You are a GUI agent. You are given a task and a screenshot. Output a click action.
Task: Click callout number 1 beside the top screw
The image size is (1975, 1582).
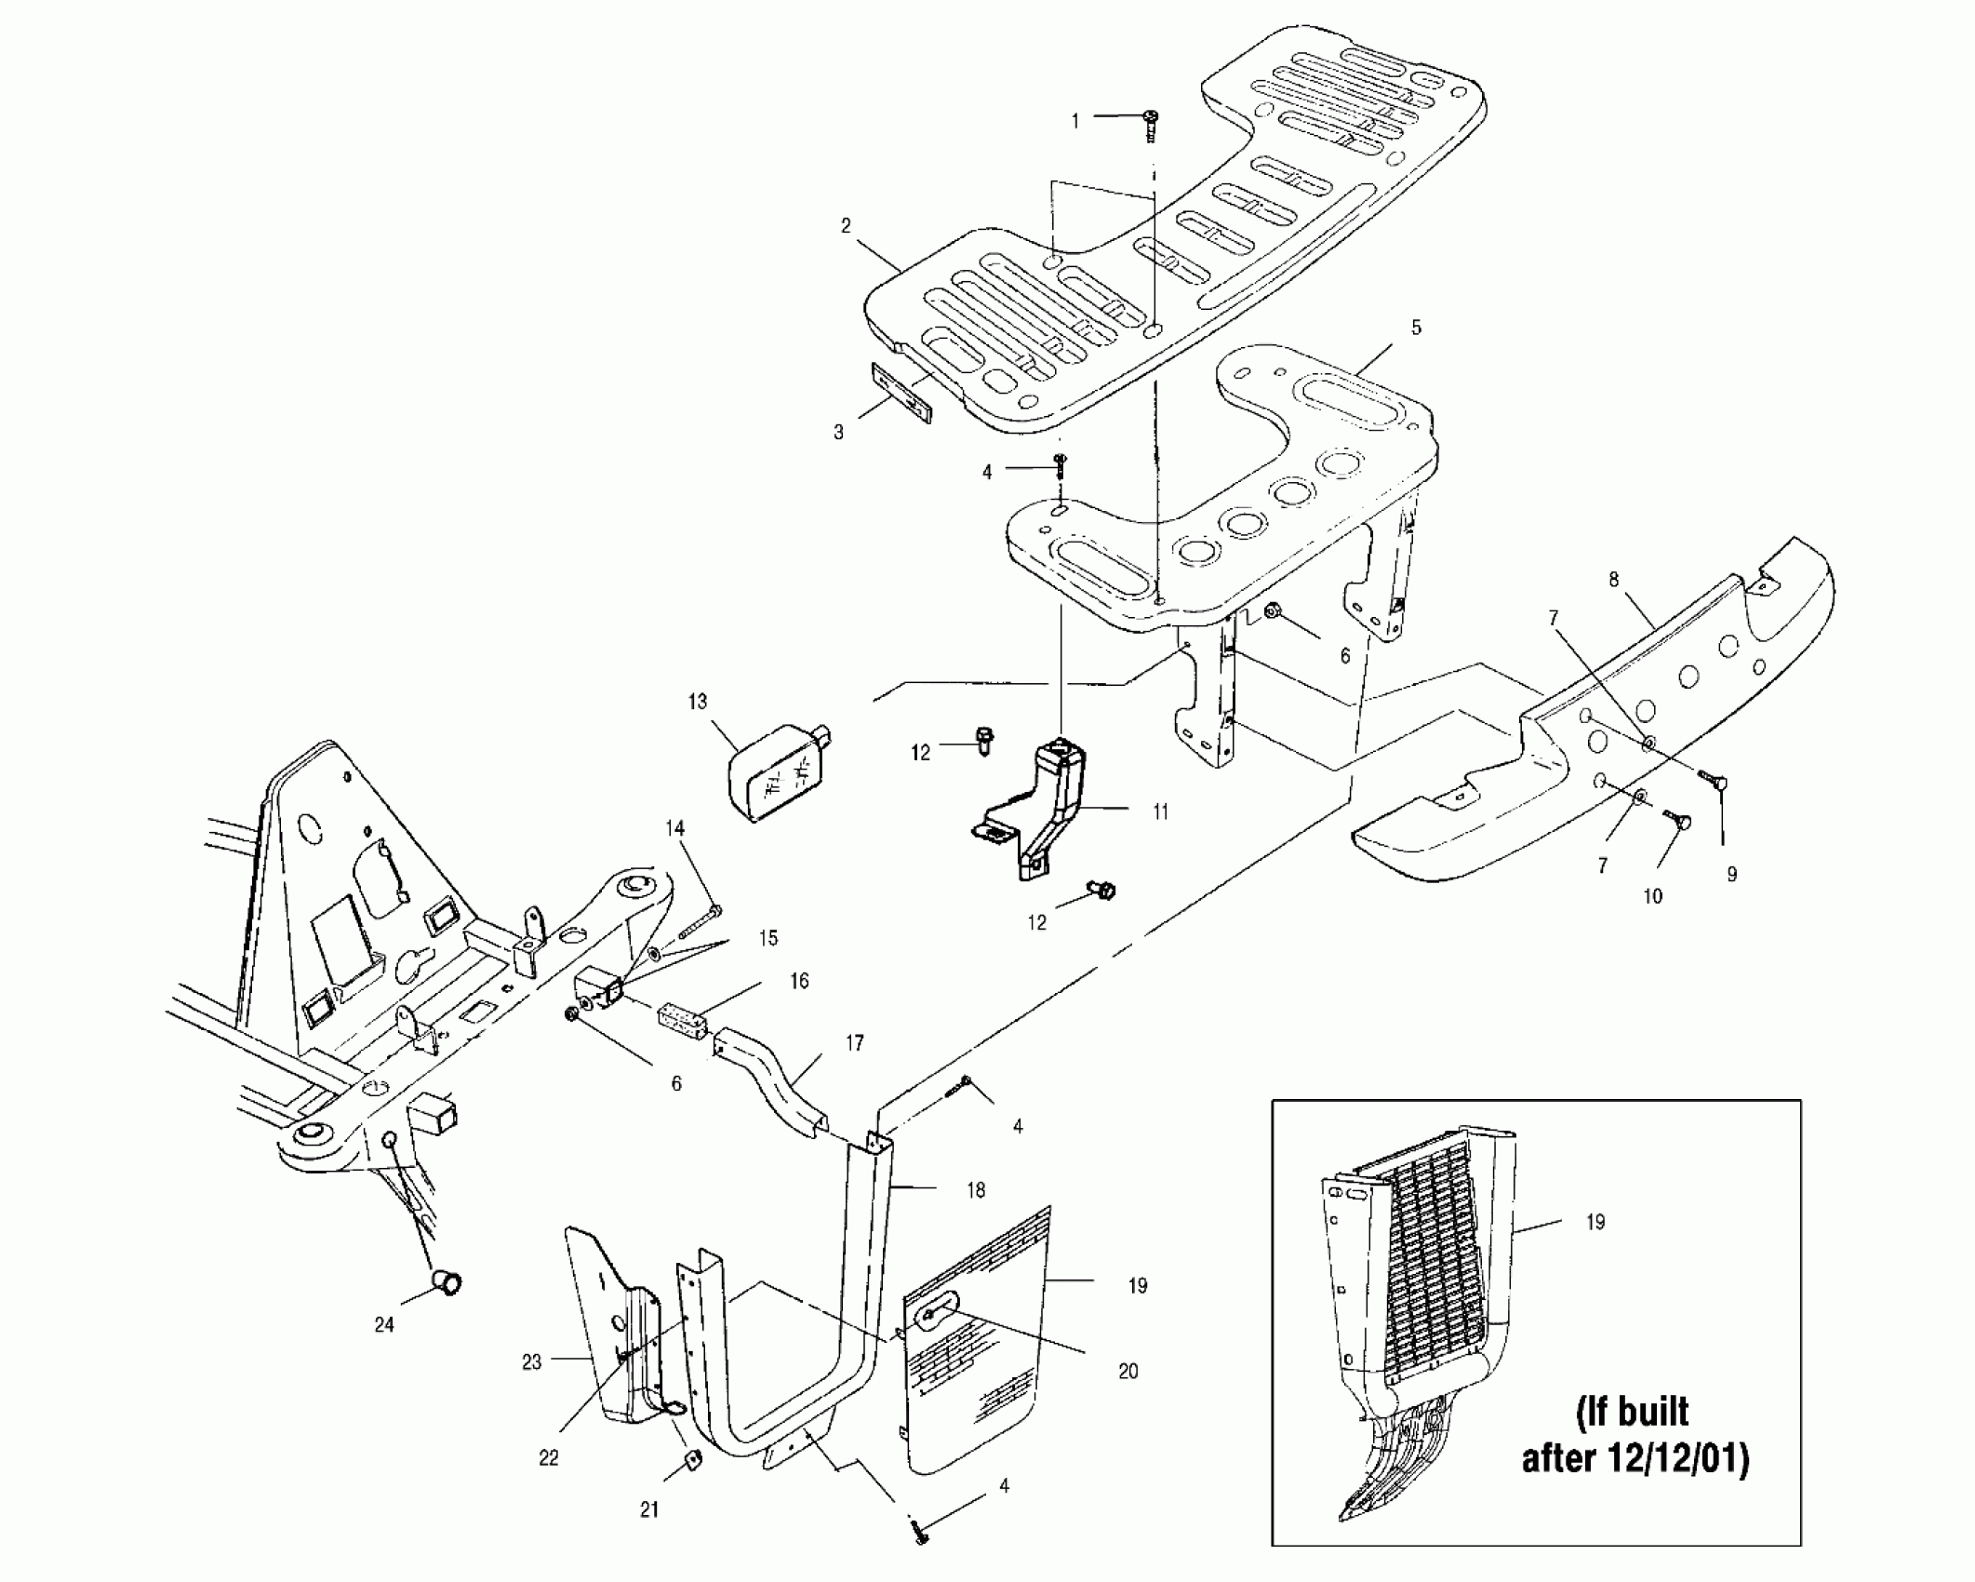(x=1075, y=121)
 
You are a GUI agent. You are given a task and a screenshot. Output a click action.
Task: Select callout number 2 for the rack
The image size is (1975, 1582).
(x=846, y=226)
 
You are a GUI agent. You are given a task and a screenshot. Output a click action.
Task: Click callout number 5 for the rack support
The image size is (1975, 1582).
(x=1416, y=328)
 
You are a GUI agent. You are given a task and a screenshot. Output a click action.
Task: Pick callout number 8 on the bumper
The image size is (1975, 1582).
(x=1613, y=580)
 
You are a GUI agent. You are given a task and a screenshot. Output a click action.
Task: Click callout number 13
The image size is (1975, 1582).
(x=698, y=702)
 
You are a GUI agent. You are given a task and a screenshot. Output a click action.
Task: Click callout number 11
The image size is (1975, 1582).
(x=1160, y=812)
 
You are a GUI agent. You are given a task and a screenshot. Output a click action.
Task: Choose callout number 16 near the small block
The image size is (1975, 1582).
(x=798, y=981)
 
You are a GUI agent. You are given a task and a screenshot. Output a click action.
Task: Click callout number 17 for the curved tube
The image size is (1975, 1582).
(x=854, y=1043)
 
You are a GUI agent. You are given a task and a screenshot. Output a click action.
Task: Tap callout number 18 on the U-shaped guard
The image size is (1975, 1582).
(x=975, y=1189)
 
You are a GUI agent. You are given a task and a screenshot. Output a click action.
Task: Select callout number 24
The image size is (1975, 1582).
(x=384, y=1324)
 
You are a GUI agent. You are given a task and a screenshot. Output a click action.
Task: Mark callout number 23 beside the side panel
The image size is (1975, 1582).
(x=531, y=1362)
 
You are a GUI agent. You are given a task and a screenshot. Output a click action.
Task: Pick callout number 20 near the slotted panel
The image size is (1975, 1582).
(x=1128, y=1371)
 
